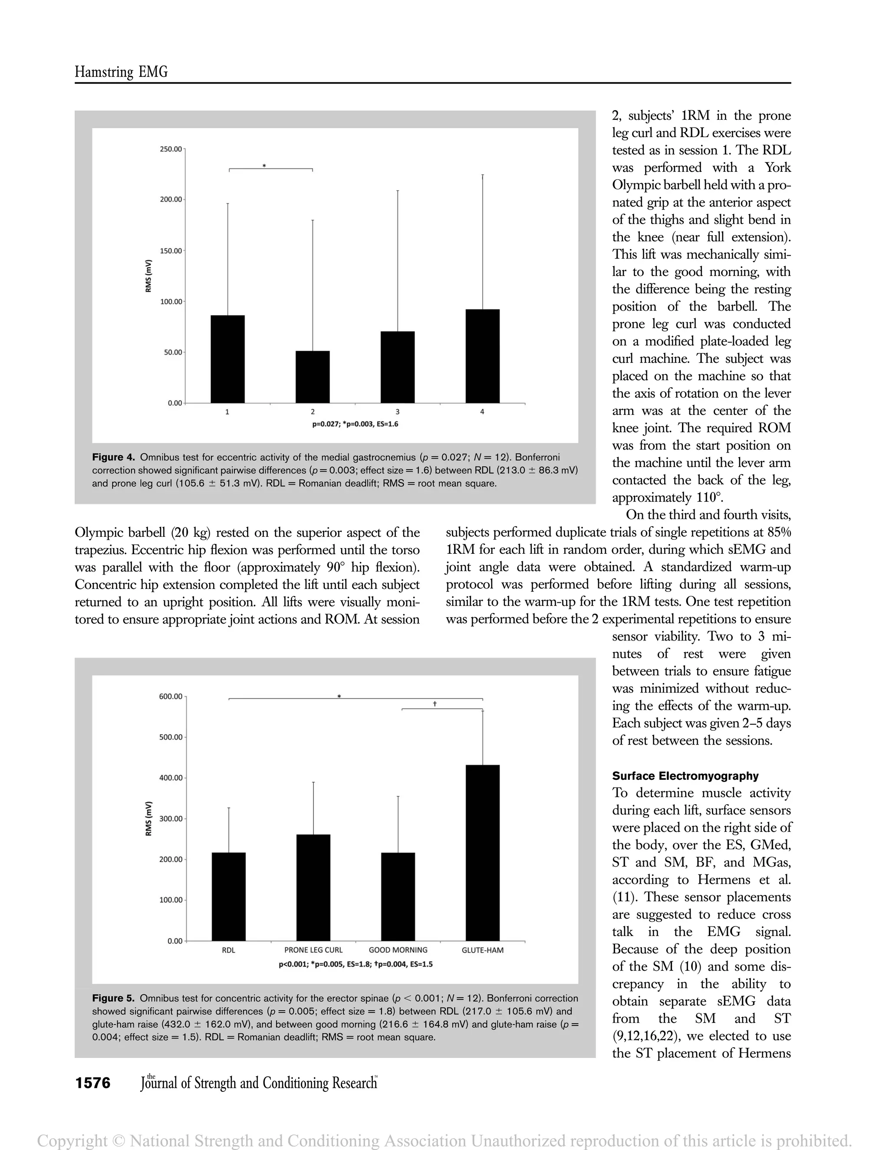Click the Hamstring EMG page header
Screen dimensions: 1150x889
[121, 72]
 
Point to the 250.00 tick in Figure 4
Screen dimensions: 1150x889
[171, 149]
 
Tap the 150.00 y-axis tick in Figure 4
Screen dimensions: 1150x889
[171, 251]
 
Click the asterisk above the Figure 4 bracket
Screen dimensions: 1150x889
[264, 166]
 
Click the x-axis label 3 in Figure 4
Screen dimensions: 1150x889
[397, 412]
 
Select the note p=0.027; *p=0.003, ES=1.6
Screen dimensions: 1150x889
[355, 424]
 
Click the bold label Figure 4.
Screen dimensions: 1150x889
[114, 457]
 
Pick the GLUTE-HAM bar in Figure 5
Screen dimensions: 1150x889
[482, 853]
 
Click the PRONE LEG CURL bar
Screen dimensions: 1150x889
[313, 888]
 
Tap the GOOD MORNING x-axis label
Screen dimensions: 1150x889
[398, 950]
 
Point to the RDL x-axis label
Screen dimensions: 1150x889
[229, 950]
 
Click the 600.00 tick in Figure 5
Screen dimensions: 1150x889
[171, 697]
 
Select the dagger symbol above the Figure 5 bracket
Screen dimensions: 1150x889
[435, 703]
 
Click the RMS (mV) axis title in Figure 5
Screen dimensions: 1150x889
[148, 818]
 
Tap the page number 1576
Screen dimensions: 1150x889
[93, 1083]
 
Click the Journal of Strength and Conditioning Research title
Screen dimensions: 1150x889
[259, 1083]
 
